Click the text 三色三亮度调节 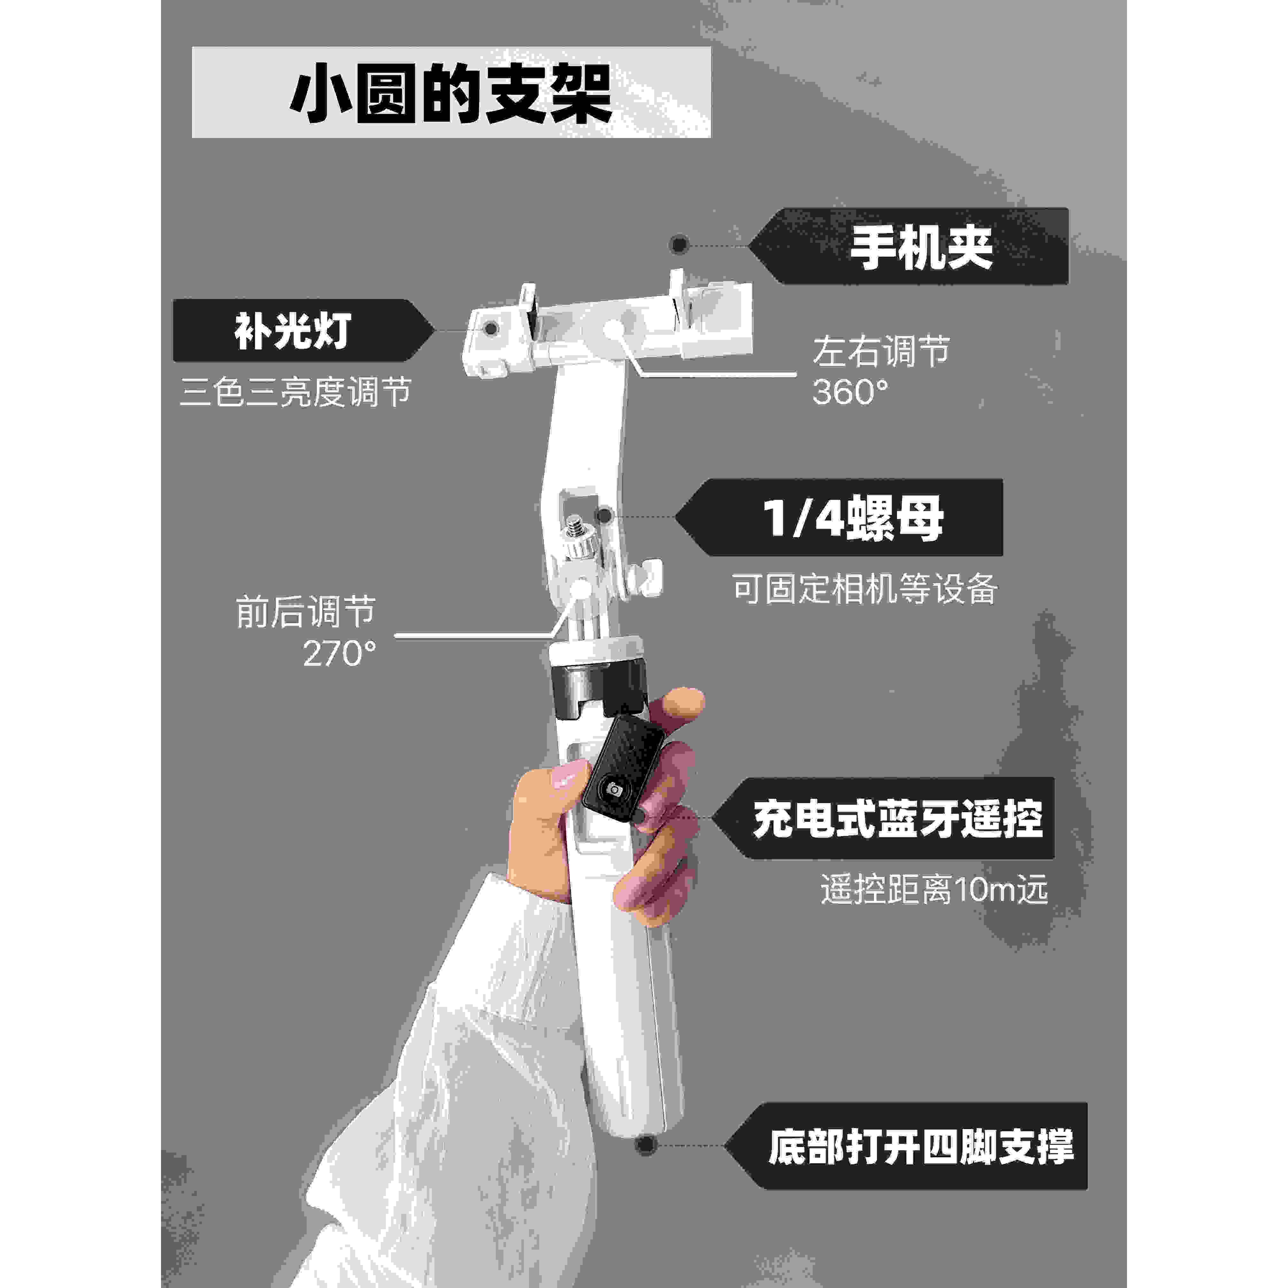tap(295, 392)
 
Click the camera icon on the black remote tap(614, 789)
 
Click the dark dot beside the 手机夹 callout tap(679, 245)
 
